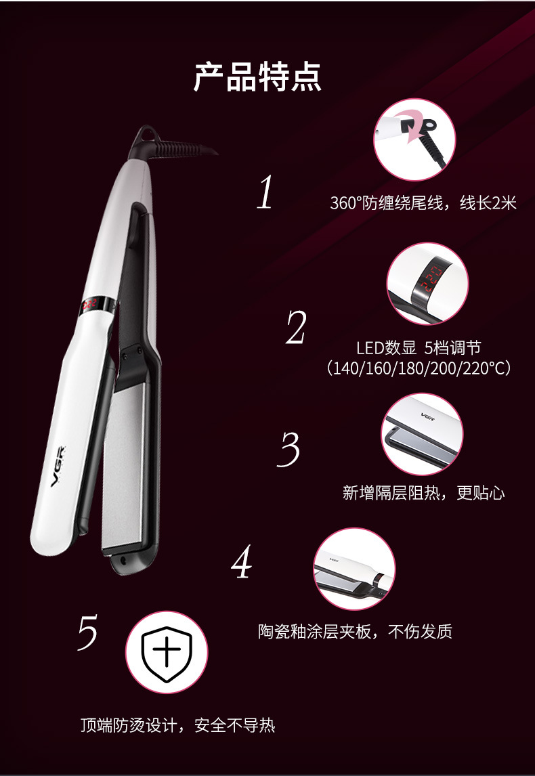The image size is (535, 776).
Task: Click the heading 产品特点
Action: (257, 77)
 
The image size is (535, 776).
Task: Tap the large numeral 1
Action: (265, 193)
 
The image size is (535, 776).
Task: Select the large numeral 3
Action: (288, 450)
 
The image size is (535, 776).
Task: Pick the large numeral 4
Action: (242, 562)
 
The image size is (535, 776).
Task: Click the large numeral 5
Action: (87, 632)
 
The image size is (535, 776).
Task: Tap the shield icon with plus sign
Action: (167, 652)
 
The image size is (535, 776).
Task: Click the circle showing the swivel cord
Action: (414, 139)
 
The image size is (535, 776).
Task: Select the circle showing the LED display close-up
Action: (427, 284)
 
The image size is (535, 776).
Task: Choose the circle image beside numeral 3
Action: (422, 434)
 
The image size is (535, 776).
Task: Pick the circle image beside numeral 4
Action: (354, 569)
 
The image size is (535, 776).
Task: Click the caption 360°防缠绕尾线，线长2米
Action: (423, 203)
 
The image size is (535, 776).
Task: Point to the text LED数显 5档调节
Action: (419, 348)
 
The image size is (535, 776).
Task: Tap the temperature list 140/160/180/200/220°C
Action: (419, 368)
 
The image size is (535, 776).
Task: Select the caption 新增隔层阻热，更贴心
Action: (424, 493)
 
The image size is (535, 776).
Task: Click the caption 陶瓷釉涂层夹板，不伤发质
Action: (355, 632)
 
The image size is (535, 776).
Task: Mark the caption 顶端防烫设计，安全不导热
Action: (177, 725)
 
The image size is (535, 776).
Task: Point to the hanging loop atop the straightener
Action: (144, 133)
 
